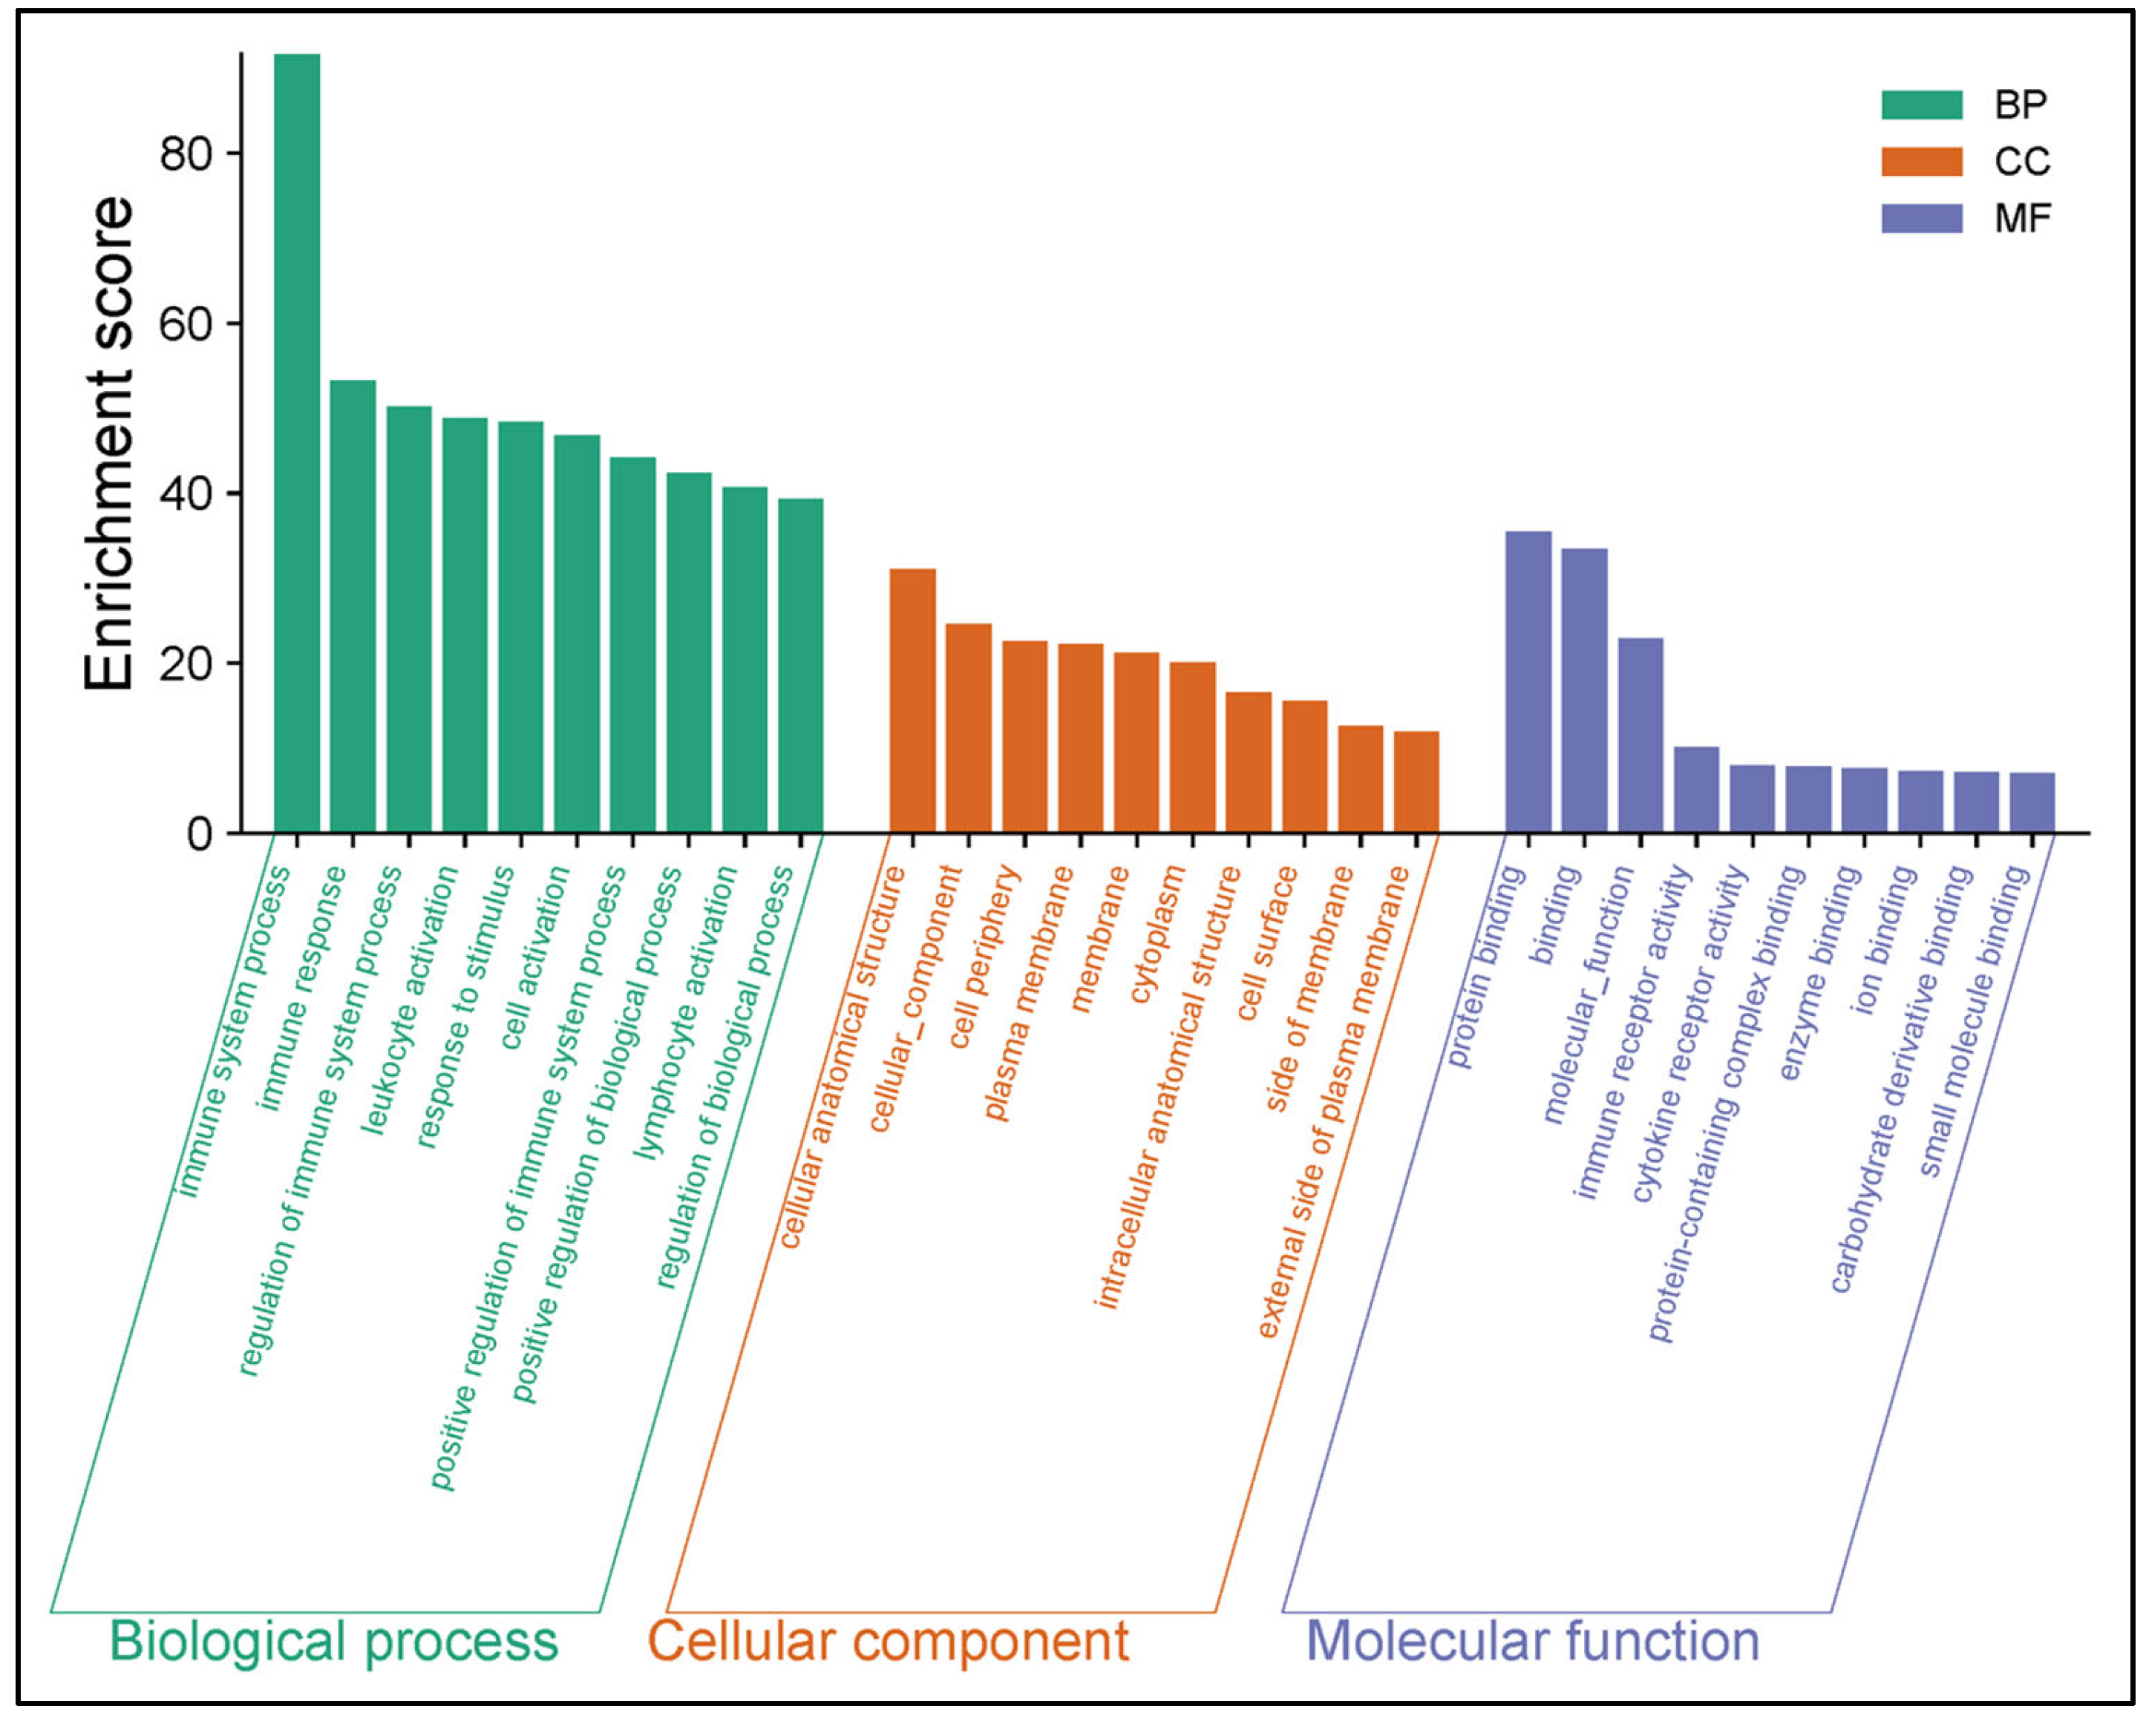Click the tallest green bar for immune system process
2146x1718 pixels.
[297, 443]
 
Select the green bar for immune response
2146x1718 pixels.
[353, 606]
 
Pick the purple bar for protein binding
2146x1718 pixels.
[1528, 682]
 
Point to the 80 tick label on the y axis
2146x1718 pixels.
[186, 154]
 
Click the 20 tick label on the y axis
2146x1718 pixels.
[186, 664]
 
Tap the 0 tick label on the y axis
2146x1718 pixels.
[199, 834]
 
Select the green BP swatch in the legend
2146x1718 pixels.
[1921, 105]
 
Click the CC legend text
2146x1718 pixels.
[2021, 161]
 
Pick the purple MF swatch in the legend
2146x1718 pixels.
[1921, 218]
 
